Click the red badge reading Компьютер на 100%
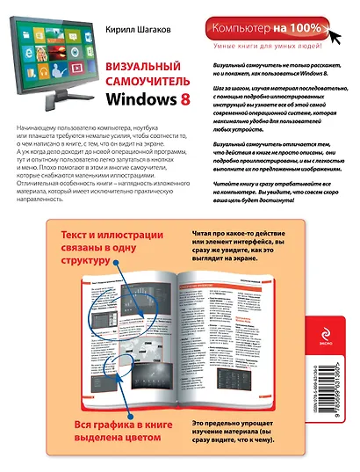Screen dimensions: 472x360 point(276,31)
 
